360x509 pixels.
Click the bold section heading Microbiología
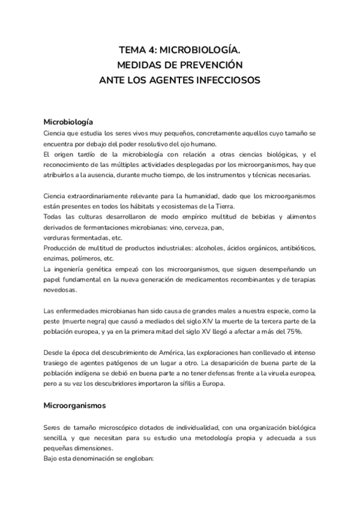coord(72,121)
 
